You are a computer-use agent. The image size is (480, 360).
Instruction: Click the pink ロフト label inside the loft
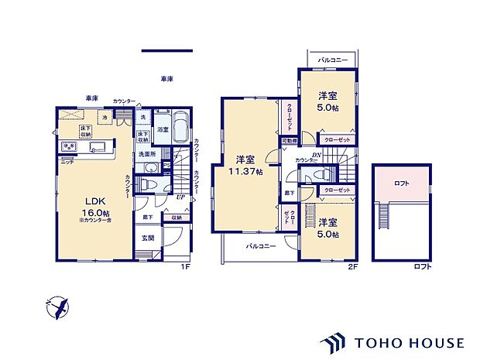[401, 183]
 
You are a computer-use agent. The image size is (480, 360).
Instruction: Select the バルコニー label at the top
[333, 60]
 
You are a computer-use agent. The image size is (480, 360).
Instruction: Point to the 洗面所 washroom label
[146, 155]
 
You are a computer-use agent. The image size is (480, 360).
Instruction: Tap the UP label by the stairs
[180, 198]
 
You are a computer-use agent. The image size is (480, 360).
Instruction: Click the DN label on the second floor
[317, 154]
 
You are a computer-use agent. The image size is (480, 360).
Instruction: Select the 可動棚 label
[289, 141]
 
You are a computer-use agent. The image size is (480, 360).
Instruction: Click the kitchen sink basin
[99, 148]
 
